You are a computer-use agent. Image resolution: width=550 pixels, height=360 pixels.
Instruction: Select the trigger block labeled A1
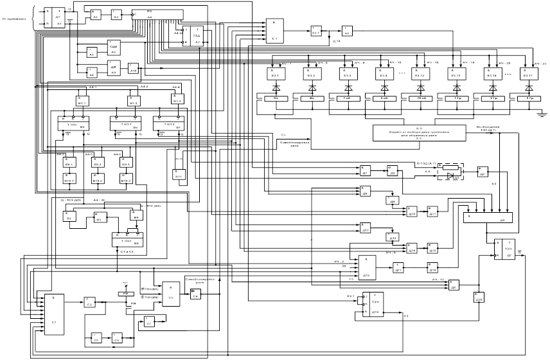(55, 17)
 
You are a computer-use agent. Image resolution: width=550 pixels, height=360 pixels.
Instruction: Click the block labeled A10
(133, 69)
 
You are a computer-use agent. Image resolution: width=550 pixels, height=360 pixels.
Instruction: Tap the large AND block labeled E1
(275, 31)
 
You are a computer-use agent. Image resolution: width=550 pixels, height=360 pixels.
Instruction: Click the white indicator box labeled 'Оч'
(277, 99)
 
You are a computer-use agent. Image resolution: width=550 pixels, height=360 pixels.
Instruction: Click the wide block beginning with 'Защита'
(418, 133)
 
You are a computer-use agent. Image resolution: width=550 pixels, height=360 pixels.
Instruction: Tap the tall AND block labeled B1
(53, 312)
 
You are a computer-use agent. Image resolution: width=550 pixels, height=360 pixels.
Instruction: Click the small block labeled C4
(195, 294)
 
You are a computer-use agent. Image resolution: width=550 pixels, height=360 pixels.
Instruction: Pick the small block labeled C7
(149, 321)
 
